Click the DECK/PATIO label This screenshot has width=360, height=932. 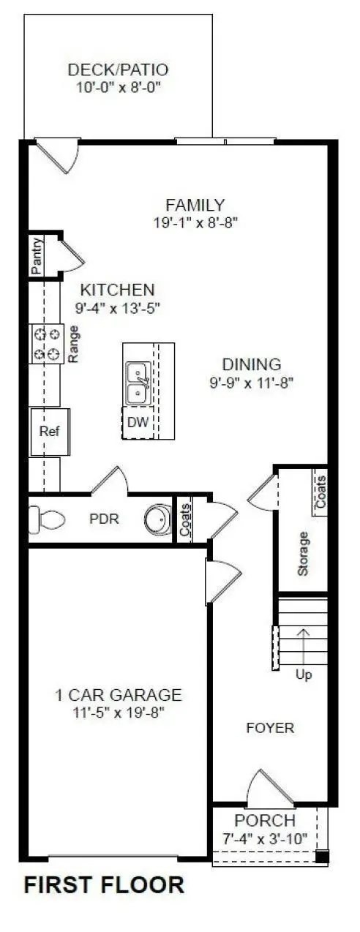(118, 70)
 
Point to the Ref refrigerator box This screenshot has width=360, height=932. (49, 431)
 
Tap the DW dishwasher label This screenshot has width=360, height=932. (138, 422)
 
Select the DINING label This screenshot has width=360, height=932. (251, 364)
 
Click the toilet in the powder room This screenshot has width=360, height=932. (46, 519)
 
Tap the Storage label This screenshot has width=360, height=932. (304, 552)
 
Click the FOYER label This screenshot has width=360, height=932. (270, 727)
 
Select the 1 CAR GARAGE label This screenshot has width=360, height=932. (118, 695)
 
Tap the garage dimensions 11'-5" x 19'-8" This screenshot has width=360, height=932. (118, 711)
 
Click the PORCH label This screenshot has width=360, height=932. (265, 821)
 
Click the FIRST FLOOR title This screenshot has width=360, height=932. (104, 885)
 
